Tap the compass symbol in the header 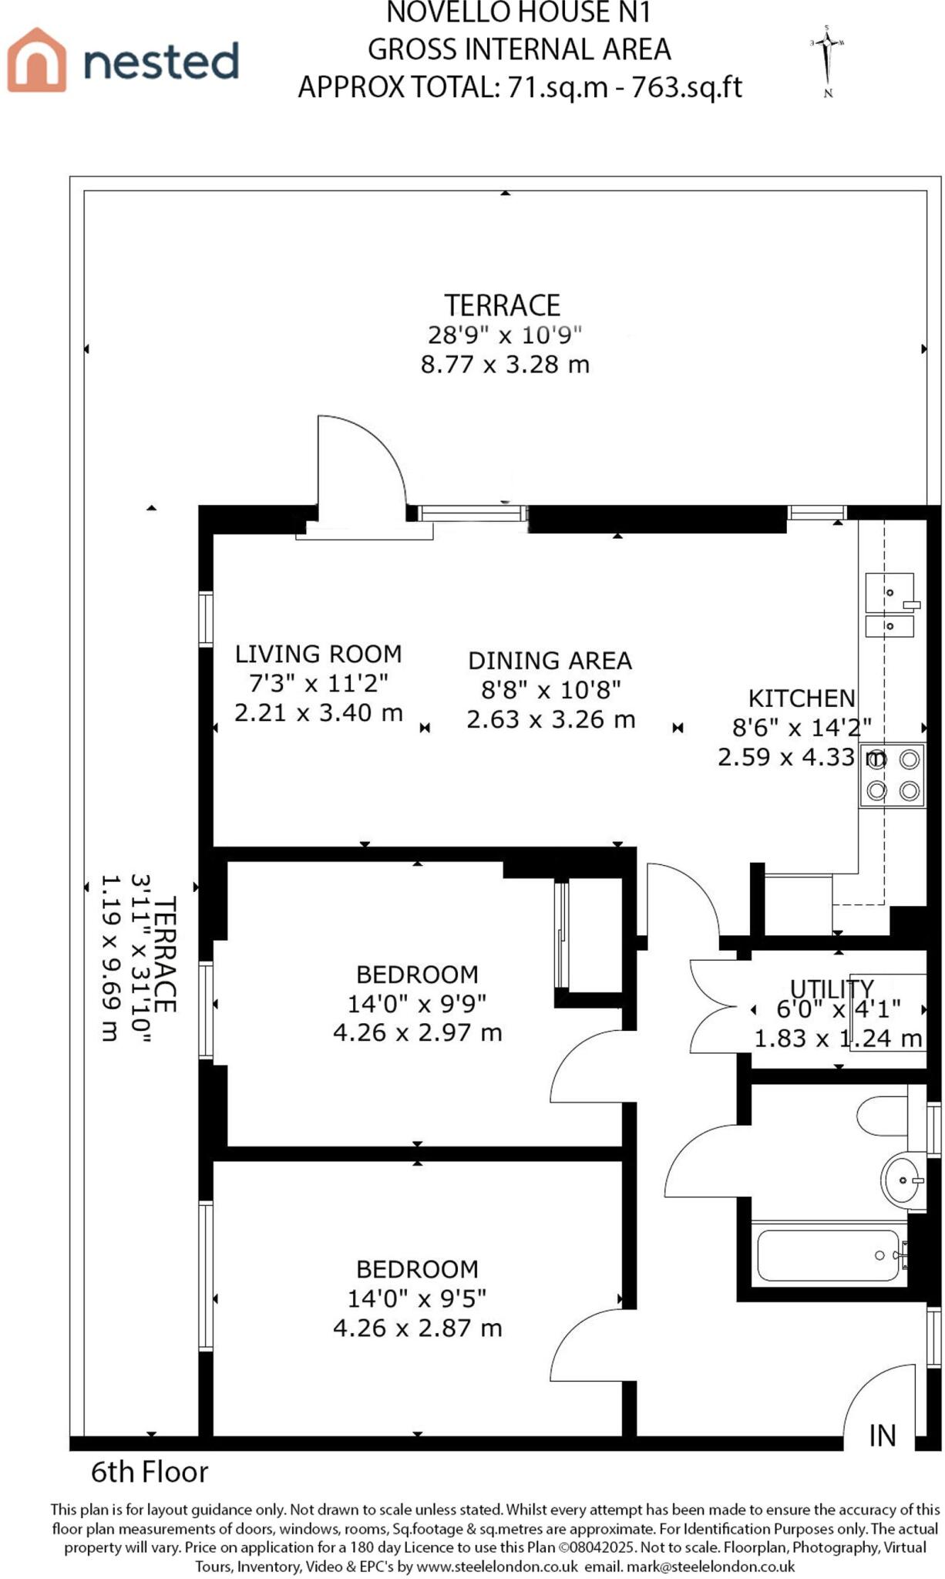coord(827,61)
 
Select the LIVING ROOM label coord(318,654)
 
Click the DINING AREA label coord(550,661)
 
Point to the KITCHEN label coord(802,699)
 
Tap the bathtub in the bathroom coord(829,1256)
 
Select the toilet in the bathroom coord(883,1116)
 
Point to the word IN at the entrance coord(883,1435)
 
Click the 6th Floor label coord(150,1472)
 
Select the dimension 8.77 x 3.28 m coord(505,364)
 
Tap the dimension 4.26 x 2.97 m coord(417,1032)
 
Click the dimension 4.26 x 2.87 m coord(417,1328)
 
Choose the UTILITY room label coord(832,988)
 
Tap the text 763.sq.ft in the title coord(686,87)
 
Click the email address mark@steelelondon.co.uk coord(711,1567)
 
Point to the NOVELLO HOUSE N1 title coord(519,12)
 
